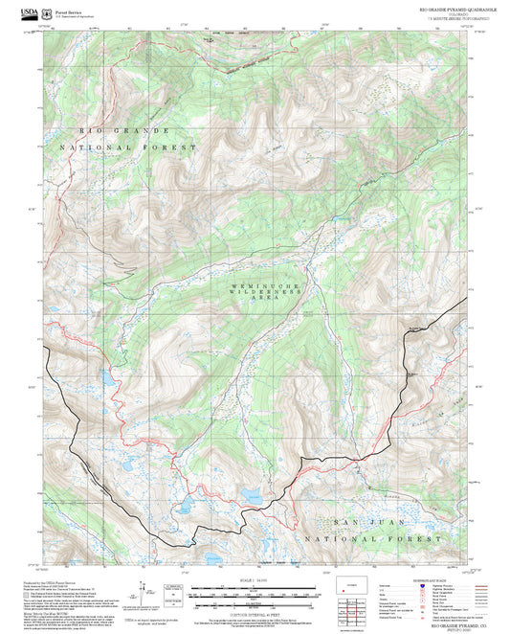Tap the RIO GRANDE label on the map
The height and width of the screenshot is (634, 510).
(124, 130)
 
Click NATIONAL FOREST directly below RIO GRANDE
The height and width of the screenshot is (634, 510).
(128, 147)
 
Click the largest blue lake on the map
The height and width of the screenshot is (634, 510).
(253, 496)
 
